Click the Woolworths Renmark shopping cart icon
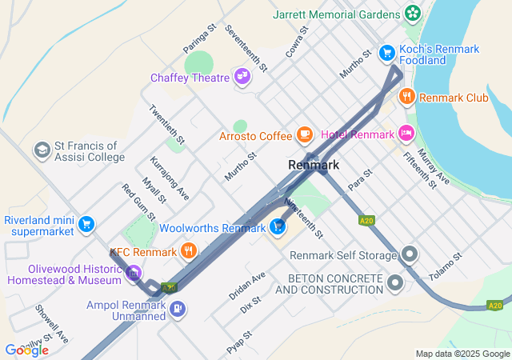tap(278, 228)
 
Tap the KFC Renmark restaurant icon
tap(189, 252)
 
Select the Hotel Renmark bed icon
tap(407, 134)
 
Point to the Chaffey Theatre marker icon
tap(242, 77)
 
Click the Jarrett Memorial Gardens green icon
tap(413, 14)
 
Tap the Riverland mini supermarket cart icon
tap(86, 225)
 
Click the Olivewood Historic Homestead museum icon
tap(134, 274)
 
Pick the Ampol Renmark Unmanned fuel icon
tap(178, 308)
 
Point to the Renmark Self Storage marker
tap(410, 255)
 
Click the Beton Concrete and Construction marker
tap(395, 282)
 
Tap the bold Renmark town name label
tap(314, 165)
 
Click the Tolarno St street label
tap(446, 268)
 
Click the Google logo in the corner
tap(26, 350)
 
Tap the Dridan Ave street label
tap(247, 286)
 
